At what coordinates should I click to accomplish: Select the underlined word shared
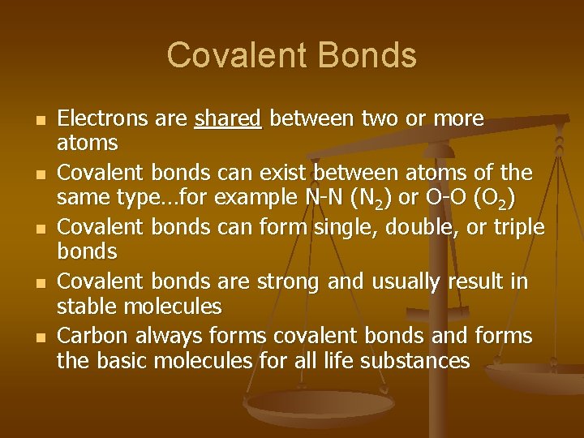pyautogui.click(x=228, y=119)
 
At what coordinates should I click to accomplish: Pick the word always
pyautogui.click(x=168, y=336)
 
